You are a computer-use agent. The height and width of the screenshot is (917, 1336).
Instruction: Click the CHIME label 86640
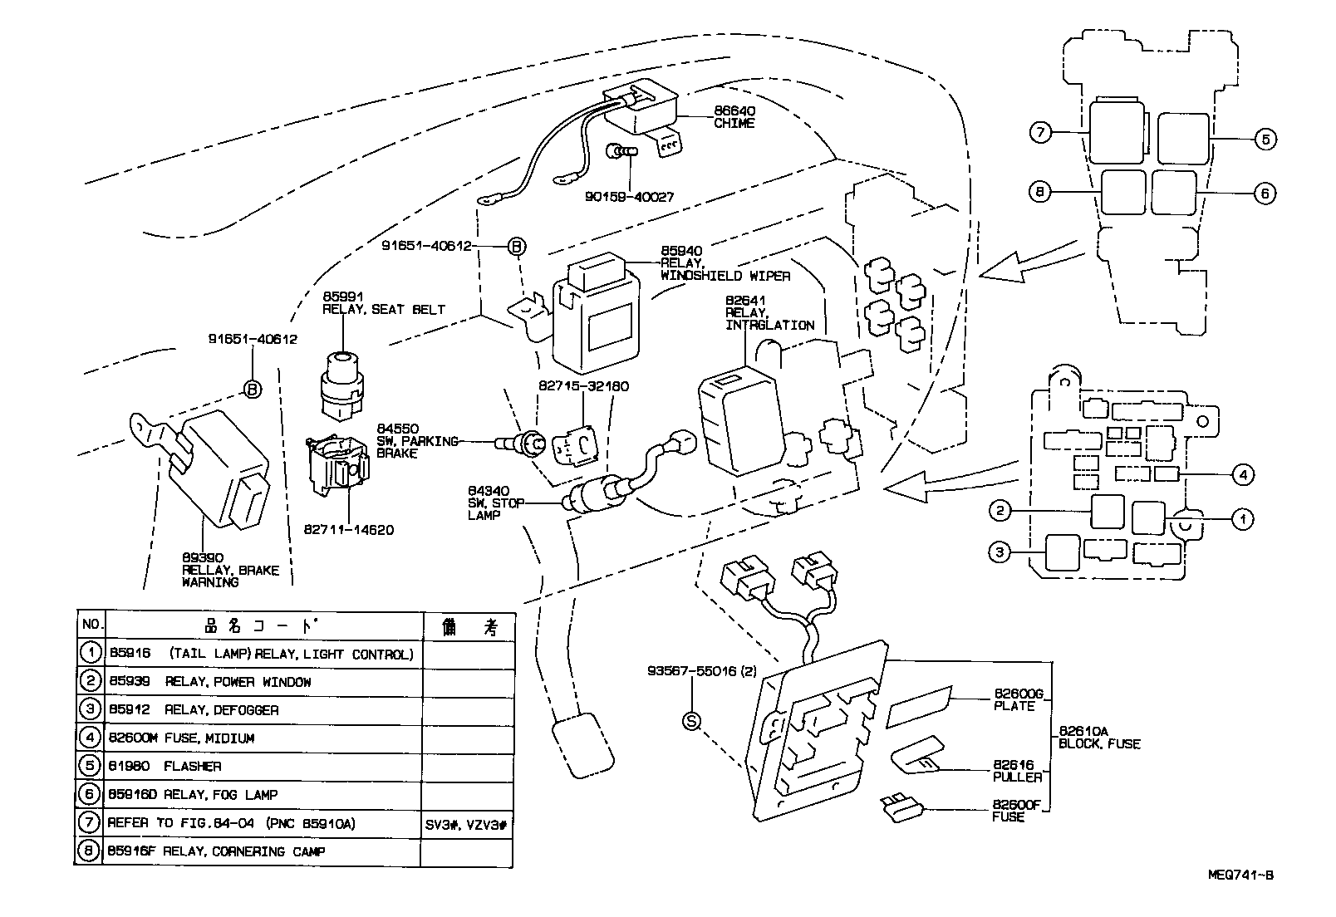pyautogui.click(x=734, y=117)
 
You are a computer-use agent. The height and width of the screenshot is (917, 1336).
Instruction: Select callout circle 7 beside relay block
pyautogui.click(x=1040, y=131)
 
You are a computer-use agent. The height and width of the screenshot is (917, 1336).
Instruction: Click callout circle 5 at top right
pyautogui.click(x=1264, y=139)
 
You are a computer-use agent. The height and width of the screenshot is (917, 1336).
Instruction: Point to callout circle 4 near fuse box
pyautogui.click(x=1241, y=475)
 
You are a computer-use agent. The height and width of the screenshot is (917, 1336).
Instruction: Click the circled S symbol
pyautogui.click(x=692, y=721)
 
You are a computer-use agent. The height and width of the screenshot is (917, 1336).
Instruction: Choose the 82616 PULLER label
pyautogui.click(x=1017, y=771)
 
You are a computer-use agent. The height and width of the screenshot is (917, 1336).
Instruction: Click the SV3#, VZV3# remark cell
pyautogui.click(x=468, y=823)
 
